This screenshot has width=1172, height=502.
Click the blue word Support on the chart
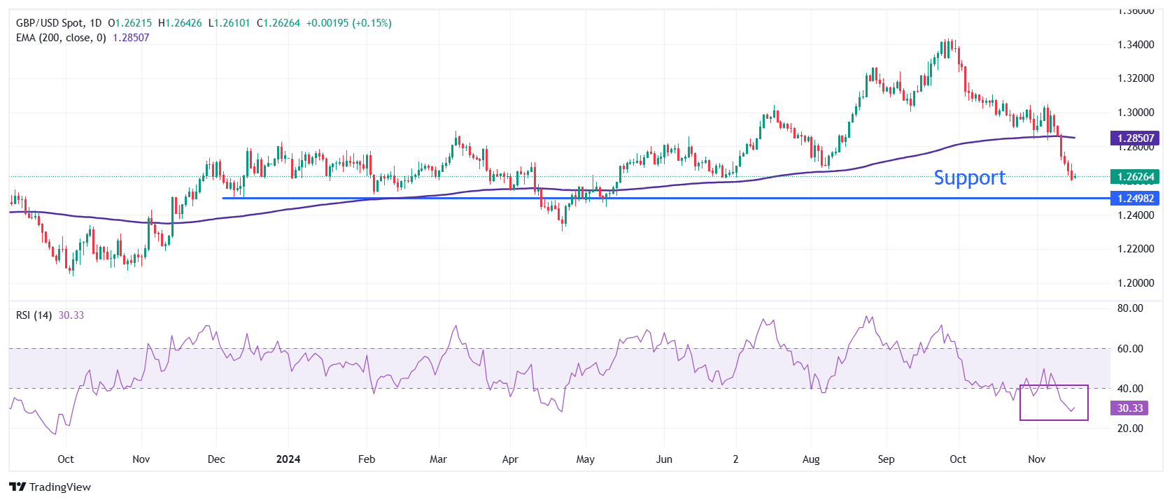[x=970, y=178]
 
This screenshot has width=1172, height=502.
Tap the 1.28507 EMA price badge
[x=1135, y=138]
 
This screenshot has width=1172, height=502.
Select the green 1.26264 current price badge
[x=1135, y=177]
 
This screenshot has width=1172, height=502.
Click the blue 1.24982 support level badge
[x=1135, y=199]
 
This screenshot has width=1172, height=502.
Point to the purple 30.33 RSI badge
[x=1129, y=408]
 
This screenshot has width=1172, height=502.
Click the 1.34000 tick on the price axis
[x=1136, y=45]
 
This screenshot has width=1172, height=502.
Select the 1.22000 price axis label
[x=1136, y=249]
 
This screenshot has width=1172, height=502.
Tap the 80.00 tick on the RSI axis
[x=1130, y=308]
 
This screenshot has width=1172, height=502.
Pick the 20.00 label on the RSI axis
[x=1130, y=429]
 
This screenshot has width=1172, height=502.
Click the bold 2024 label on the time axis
[x=288, y=459]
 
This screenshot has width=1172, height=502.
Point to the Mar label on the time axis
[x=438, y=459]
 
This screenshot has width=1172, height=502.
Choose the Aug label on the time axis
[x=811, y=459]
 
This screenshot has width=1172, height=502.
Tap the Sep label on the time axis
[x=886, y=459]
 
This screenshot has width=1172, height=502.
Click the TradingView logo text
[x=59, y=487]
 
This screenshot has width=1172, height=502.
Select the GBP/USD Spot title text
[x=49, y=23]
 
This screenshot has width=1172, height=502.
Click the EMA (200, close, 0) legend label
[x=61, y=38]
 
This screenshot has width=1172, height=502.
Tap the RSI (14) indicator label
[x=34, y=315]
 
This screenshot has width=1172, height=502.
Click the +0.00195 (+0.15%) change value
[x=349, y=23]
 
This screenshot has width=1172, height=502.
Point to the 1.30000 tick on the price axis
[x=1136, y=113]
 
